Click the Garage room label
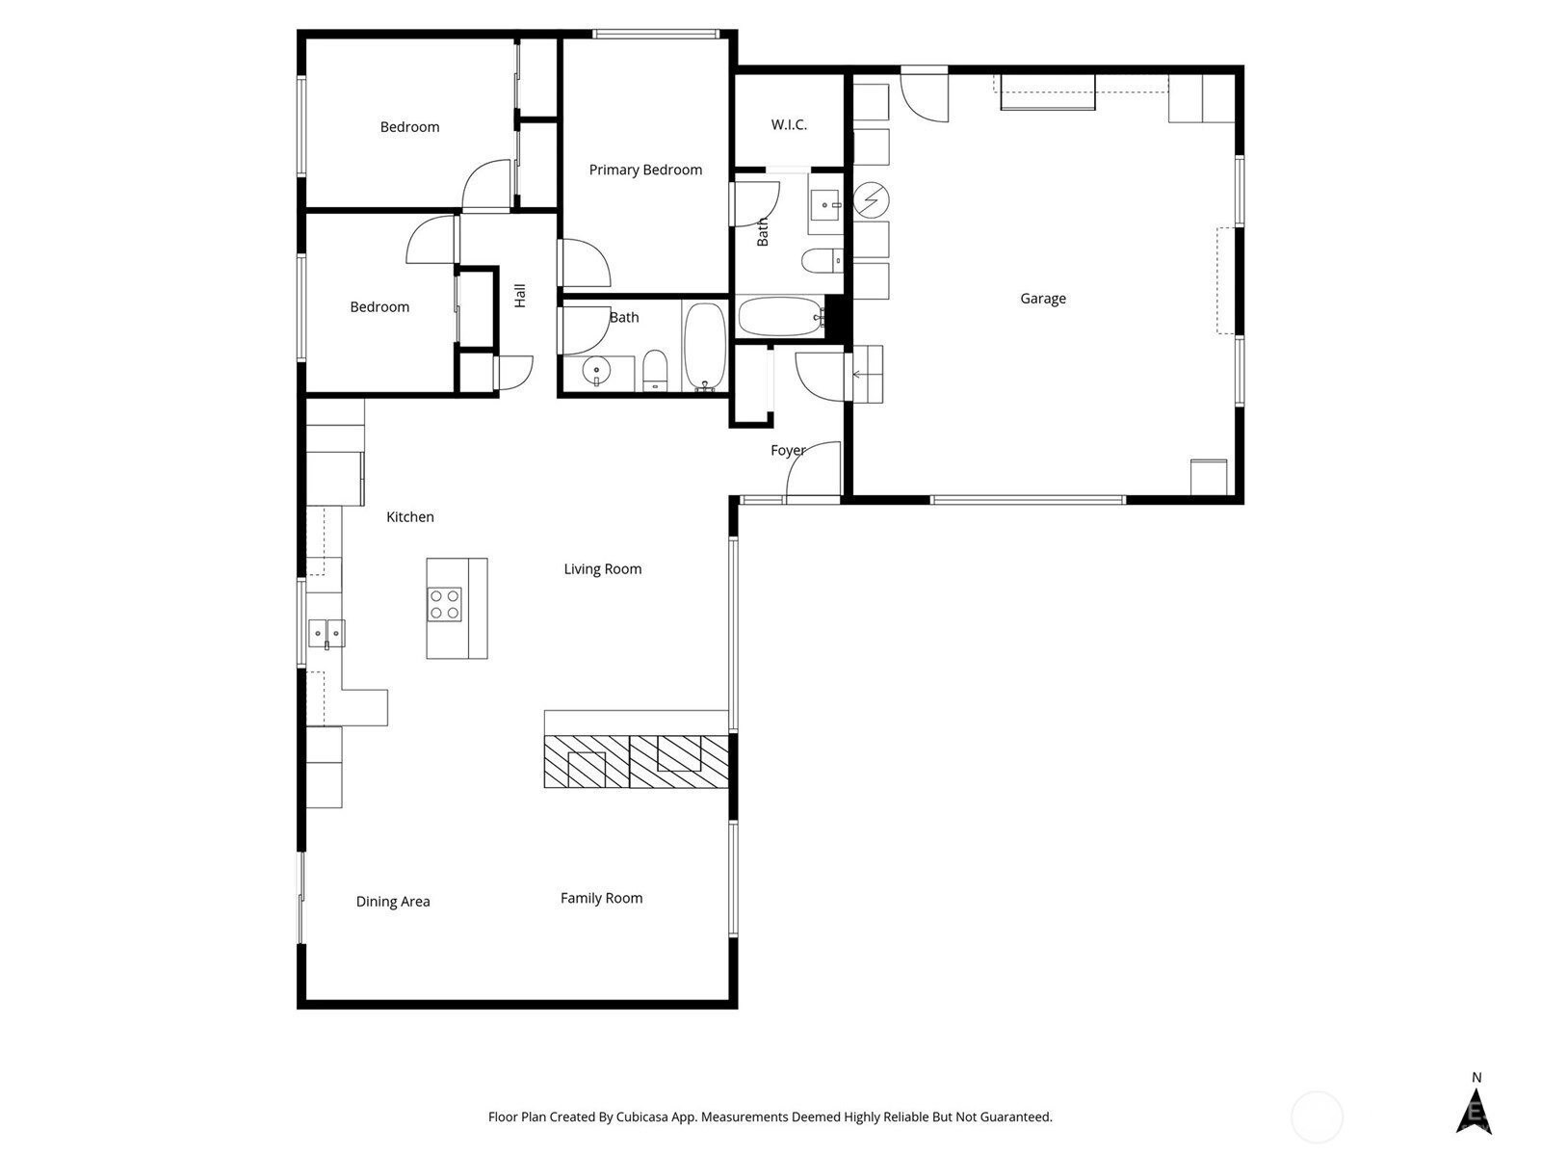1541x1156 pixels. [1042, 299]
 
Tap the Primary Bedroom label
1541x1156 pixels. [645, 170]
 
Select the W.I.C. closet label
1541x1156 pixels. [789, 125]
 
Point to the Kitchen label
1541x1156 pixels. [410, 517]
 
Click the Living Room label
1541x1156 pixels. [602, 569]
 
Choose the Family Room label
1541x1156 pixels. [601, 899]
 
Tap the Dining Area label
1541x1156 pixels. [392, 902]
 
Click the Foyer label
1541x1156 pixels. [788, 451]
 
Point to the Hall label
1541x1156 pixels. [519, 296]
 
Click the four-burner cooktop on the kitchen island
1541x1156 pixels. [444, 604]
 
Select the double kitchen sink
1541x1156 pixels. [326, 633]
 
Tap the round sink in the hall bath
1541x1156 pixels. [596, 371]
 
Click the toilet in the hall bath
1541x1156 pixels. [654, 370]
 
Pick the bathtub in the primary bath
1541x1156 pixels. [781, 317]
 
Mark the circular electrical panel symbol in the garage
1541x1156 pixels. [872, 200]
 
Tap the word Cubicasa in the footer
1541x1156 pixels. [641, 1117]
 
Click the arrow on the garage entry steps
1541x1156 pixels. [857, 375]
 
